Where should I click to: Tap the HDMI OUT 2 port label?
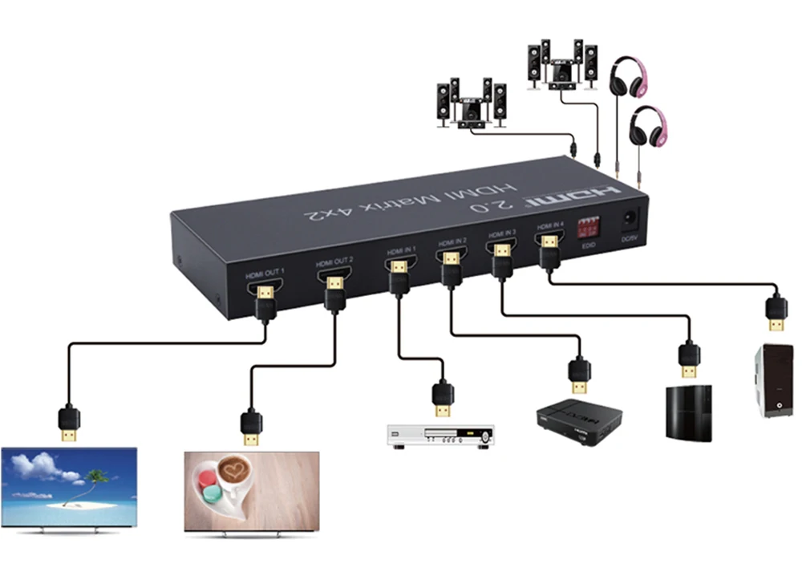pos(335,262)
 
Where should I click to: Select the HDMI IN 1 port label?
pos(401,250)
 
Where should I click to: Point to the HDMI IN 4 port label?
pos(550,225)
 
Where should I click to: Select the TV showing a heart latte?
pos(252,489)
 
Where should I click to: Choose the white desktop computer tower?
pos(772,380)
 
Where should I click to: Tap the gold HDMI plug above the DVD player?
pos(442,399)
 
